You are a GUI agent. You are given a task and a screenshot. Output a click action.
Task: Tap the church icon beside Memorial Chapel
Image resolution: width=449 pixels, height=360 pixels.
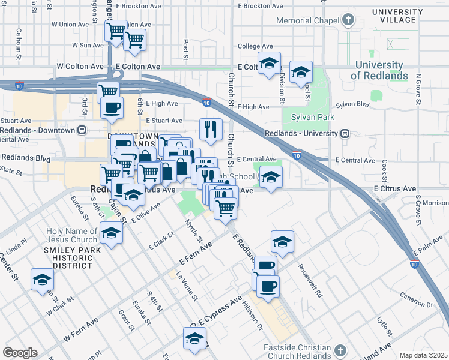[x=348, y=20]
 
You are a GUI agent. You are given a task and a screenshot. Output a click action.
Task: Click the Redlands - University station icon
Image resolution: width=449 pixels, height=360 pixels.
[x=345, y=133]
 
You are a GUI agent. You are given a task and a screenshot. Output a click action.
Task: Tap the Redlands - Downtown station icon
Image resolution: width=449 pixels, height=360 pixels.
[x=81, y=130]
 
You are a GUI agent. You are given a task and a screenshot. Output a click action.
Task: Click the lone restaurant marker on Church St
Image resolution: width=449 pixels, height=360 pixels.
[x=211, y=129]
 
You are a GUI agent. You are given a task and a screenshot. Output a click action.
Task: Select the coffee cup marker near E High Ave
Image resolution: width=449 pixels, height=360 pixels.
[x=112, y=108]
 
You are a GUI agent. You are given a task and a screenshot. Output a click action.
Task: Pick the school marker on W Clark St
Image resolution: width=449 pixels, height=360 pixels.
[x=42, y=280]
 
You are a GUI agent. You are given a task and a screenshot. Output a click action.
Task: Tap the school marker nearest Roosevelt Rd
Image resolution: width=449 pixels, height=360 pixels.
[x=282, y=241]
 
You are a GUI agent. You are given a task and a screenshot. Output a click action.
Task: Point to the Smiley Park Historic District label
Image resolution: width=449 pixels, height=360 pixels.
[x=63, y=259]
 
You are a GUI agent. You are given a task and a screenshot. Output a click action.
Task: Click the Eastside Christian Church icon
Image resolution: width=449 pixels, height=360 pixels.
[x=340, y=349]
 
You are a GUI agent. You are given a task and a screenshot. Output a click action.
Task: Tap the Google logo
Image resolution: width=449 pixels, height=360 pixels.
[x=20, y=352]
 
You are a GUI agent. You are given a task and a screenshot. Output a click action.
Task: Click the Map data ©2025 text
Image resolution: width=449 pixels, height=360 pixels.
[x=423, y=355]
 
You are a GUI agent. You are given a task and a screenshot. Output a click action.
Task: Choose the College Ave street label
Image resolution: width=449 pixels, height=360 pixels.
[x=256, y=46]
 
